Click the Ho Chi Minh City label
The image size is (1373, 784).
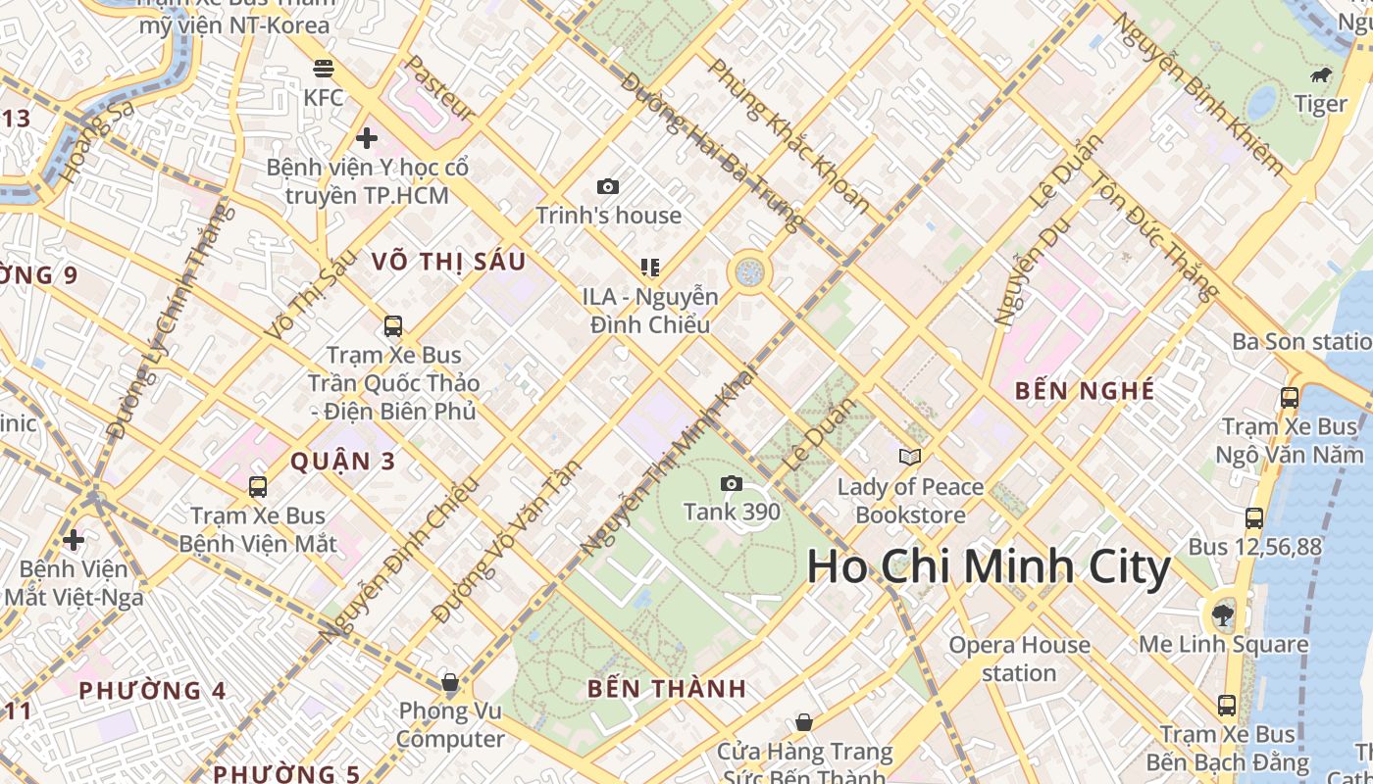click(989, 567)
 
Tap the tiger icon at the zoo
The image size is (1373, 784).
click(1320, 75)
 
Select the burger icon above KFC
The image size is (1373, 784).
click(324, 68)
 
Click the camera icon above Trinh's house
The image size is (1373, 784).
click(608, 186)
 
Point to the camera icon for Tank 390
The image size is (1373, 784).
click(732, 483)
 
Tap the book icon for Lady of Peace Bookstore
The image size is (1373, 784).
click(910, 457)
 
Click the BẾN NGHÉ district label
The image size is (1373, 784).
click(1085, 390)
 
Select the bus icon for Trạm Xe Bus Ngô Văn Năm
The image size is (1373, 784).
click(1290, 398)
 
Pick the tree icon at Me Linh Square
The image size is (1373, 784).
click(1223, 615)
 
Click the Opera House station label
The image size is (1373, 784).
click(1019, 659)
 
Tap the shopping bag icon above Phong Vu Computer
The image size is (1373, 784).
click(450, 681)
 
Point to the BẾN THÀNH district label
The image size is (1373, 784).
click(667, 688)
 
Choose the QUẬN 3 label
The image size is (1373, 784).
click(342, 461)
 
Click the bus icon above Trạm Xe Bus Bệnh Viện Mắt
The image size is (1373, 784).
click(258, 486)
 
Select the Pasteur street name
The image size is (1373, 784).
click(440, 89)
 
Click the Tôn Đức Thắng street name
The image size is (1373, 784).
click(1154, 236)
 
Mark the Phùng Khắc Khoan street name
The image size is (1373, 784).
click(788, 135)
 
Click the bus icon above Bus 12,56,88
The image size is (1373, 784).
click(1254, 517)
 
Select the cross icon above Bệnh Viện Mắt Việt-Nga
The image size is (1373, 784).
click(74, 540)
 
